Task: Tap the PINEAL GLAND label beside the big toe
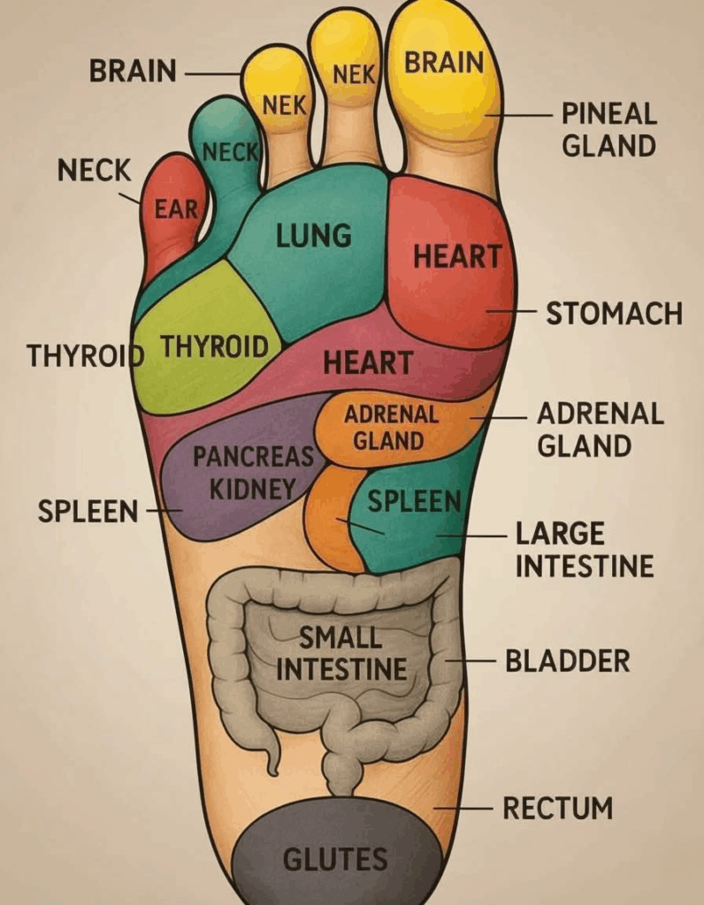[608, 129]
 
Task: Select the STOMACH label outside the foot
[613, 313]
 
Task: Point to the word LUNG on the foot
[314, 236]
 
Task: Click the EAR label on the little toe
[175, 209]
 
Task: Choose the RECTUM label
[557, 808]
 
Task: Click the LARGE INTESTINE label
[584, 550]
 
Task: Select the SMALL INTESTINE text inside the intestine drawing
[341, 653]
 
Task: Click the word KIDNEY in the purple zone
[252, 487]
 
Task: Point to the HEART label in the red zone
[457, 256]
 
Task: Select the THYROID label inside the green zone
[214, 346]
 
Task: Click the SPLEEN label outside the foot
[88, 511]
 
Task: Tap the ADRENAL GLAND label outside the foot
[600, 429]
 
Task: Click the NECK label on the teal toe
[230, 153]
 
